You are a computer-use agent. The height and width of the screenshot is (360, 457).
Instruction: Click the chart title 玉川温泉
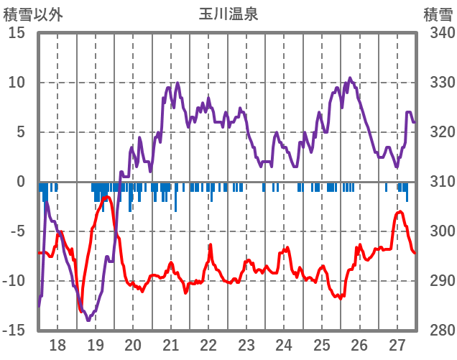click(x=228, y=14)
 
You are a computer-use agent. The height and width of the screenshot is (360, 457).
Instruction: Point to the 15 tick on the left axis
click(x=17, y=33)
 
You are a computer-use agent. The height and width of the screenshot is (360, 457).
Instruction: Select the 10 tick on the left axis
click(x=17, y=83)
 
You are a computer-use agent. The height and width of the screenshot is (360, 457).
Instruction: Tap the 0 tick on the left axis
click(x=22, y=182)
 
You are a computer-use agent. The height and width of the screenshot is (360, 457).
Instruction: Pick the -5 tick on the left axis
click(x=17, y=231)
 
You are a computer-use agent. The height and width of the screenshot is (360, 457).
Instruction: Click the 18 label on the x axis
click(x=57, y=344)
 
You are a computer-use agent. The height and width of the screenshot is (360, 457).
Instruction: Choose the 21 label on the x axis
click(x=171, y=344)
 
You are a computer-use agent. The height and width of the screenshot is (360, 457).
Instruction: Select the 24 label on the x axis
click(x=284, y=344)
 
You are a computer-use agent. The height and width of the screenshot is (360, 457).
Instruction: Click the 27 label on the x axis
click(x=397, y=344)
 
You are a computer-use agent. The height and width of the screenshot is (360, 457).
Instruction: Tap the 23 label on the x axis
click(x=246, y=344)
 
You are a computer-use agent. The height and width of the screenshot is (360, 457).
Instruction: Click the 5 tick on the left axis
click(x=22, y=132)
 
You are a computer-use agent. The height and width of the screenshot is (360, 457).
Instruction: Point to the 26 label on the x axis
click(x=359, y=344)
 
